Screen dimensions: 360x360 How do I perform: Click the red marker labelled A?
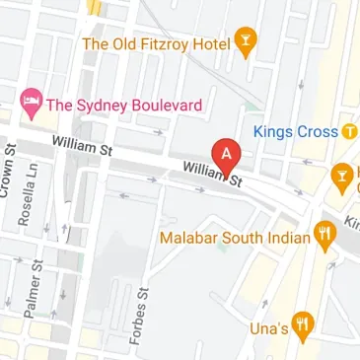tap(228, 156)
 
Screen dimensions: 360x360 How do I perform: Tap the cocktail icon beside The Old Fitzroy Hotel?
tap(246, 42)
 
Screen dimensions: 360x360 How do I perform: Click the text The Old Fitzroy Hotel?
tap(155, 43)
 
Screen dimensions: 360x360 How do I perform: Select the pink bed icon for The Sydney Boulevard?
tap(31, 102)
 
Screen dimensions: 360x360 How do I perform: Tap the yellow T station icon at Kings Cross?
tap(349, 130)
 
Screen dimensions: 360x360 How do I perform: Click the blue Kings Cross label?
tap(296, 130)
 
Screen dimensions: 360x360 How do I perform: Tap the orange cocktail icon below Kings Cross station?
tap(341, 175)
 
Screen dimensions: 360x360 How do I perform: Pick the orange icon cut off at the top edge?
tap(95, 5)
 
